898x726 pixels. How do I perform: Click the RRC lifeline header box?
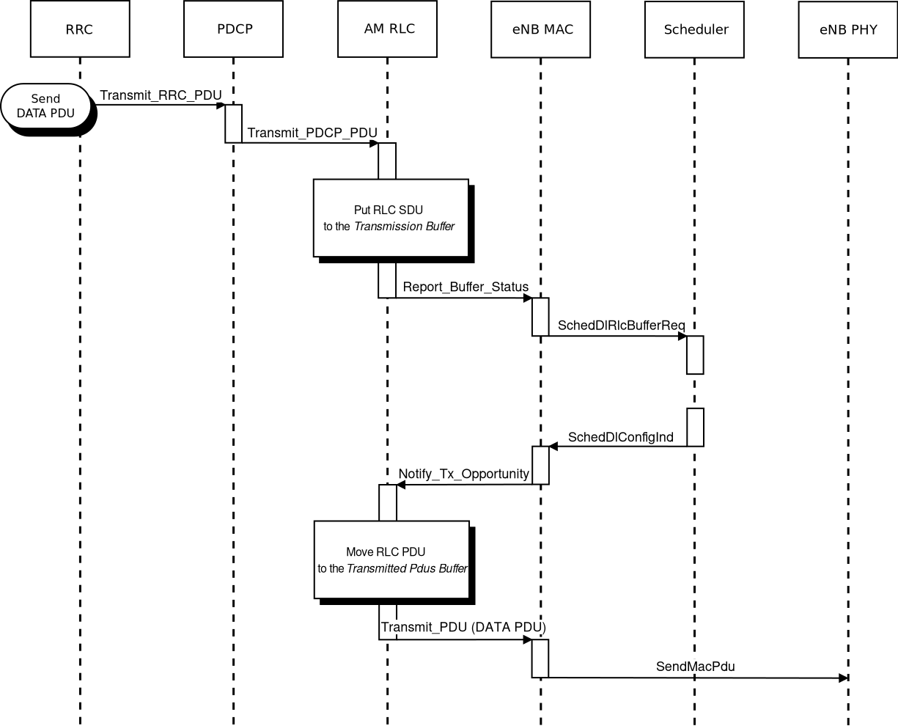tap(80, 29)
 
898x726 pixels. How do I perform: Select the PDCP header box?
tap(233, 29)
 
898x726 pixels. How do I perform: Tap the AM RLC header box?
tap(387, 29)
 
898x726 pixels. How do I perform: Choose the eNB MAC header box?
tap(541, 29)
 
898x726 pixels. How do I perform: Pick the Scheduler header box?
tap(695, 29)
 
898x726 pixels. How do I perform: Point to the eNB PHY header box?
tap(848, 30)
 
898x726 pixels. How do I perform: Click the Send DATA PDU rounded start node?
tap(46, 106)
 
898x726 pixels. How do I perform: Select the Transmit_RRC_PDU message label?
tap(161, 95)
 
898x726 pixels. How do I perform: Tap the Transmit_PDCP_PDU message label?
tap(312, 133)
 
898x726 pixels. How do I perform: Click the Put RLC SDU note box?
tap(391, 218)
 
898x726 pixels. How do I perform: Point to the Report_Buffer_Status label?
tap(465, 287)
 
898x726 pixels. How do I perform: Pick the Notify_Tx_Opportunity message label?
tap(464, 474)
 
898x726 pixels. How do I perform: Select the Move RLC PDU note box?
tap(391, 560)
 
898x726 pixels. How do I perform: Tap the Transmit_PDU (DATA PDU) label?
tap(463, 628)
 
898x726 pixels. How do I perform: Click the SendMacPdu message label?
tap(696, 667)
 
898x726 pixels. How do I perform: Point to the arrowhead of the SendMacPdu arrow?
tap(843, 678)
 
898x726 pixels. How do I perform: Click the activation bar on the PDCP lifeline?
tap(233, 123)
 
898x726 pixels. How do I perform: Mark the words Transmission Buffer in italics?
tap(405, 227)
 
